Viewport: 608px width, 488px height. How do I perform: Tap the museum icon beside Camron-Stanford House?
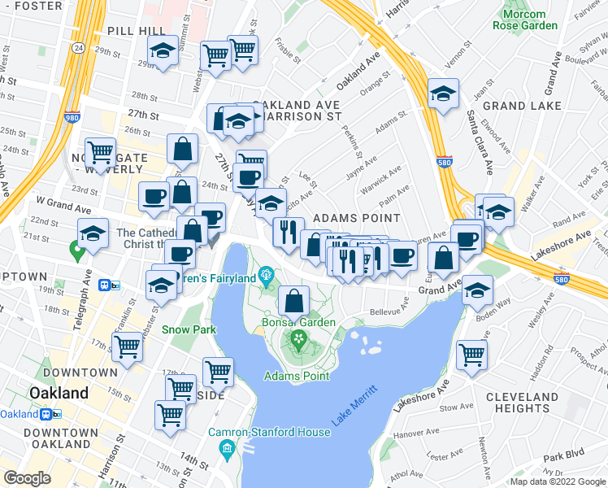click(x=227, y=448)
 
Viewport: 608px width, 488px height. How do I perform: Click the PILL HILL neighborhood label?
click(x=137, y=30)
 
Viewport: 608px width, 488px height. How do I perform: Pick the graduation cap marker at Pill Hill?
click(x=163, y=52)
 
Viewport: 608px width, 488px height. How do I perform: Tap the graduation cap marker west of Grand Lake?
click(x=443, y=95)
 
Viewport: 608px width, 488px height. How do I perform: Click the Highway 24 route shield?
click(x=78, y=48)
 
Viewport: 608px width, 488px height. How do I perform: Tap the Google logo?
click(x=28, y=478)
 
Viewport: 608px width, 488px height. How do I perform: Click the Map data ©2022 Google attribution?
click(x=557, y=481)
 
